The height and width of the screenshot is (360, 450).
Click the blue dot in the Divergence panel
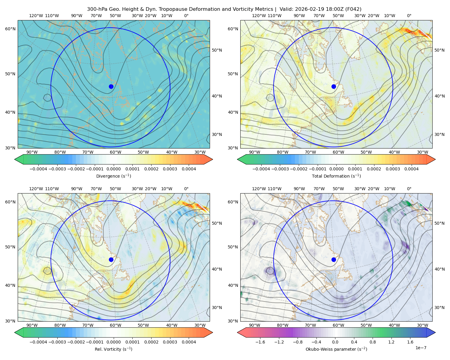coord(111,87)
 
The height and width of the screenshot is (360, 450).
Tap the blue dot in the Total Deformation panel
coord(334,87)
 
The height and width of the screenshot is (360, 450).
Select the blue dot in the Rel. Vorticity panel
coord(111,259)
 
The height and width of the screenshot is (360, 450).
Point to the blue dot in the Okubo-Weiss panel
coord(334,259)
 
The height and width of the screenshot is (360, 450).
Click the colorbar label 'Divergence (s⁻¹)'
coord(113,176)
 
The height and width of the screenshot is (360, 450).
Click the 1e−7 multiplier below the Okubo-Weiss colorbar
coord(421,348)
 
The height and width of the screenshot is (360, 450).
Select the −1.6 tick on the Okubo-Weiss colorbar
coord(260,342)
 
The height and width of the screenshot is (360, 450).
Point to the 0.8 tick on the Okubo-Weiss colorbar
coord(373,342)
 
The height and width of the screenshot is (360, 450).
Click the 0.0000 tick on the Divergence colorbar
coord(113,169)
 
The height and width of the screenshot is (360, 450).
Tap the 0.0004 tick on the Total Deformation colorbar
coord(411,169)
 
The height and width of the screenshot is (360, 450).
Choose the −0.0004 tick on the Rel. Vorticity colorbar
coord(38,342)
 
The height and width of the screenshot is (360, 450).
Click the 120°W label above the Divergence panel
coord(36,16)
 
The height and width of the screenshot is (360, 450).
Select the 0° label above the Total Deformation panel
coord(409,16)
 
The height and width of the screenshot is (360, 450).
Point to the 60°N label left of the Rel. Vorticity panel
coord(10,202)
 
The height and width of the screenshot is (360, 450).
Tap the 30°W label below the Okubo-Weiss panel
coord(423,325)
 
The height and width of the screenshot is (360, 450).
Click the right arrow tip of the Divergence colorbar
coord(213,159)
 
